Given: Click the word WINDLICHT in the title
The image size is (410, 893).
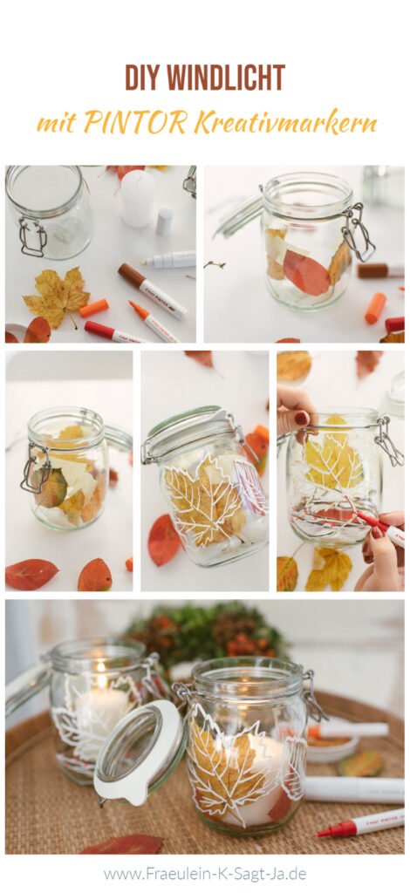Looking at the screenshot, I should coord(229,78).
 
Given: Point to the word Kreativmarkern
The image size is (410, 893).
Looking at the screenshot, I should coord(285,122).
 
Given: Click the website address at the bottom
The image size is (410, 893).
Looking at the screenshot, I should coord(205,873).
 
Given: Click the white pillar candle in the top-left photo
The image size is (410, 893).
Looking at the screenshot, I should coord(137,198).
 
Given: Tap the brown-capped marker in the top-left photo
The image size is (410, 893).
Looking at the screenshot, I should coord(152,290).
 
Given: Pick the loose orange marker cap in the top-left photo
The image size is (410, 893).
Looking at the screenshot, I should coord(93,308).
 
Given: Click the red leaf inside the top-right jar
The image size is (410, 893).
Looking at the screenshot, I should coord(306,272).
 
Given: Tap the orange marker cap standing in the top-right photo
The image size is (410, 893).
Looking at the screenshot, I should coord(375,308).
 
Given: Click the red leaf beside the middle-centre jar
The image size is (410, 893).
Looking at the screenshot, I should coord(163,540).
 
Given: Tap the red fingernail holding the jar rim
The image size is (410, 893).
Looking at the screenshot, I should coord(301,418).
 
